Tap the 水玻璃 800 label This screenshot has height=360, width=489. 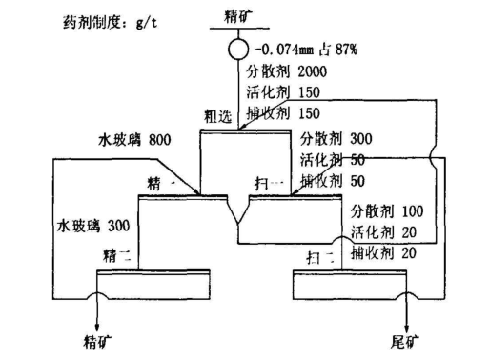(x=132, y=141)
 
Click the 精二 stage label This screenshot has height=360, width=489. (x=116, y=256)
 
